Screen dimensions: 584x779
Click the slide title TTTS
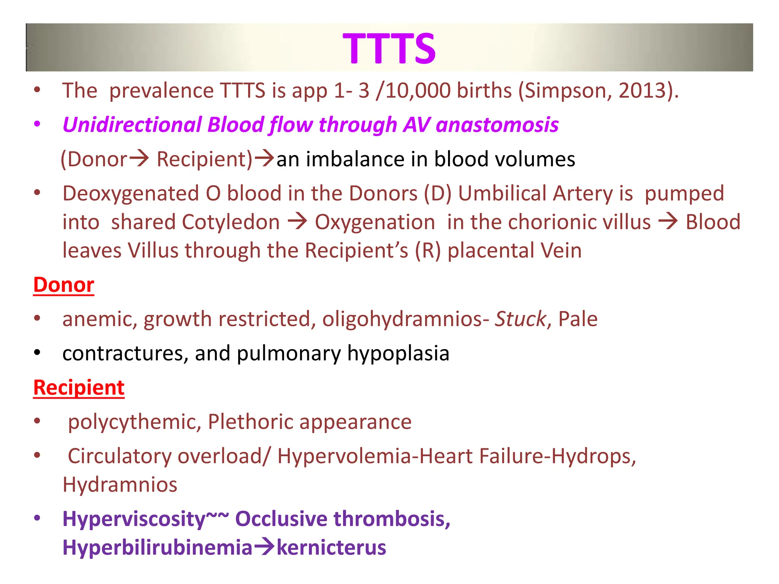[389, 48]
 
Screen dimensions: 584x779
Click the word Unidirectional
[131, 125]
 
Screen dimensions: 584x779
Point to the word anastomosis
[497, 125]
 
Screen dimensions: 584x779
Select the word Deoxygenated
[131, 194]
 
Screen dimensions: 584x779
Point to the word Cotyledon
[231, 222]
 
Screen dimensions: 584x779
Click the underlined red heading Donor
[64, 285]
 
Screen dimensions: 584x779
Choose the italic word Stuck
[520, 319]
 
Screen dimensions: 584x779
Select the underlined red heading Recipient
[79, 387]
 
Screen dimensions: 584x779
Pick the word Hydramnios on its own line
[120, 485]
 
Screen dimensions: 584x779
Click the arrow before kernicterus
[264, 547]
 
